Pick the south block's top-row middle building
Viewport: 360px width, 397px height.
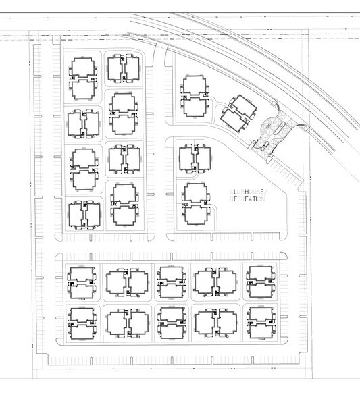tap(170, 282)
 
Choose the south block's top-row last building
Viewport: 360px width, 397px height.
tap(259, 282)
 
